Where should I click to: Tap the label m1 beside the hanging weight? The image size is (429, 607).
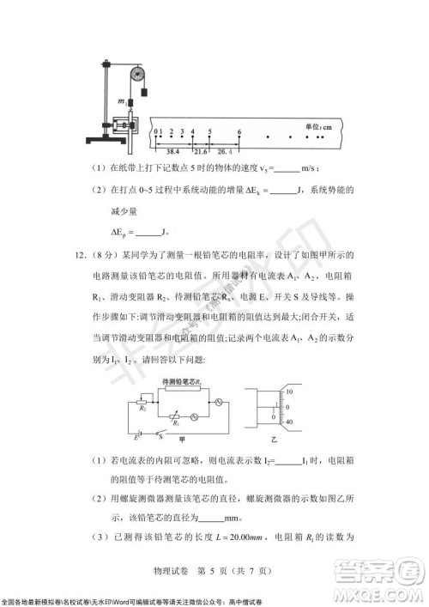pos(122,101)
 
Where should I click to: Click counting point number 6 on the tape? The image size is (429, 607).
pos(239,132)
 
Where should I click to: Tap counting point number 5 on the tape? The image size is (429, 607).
pos(210,132)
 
